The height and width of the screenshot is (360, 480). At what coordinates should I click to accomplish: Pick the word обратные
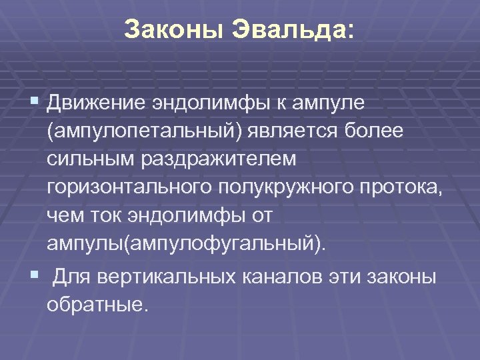(x=95, y=305)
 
